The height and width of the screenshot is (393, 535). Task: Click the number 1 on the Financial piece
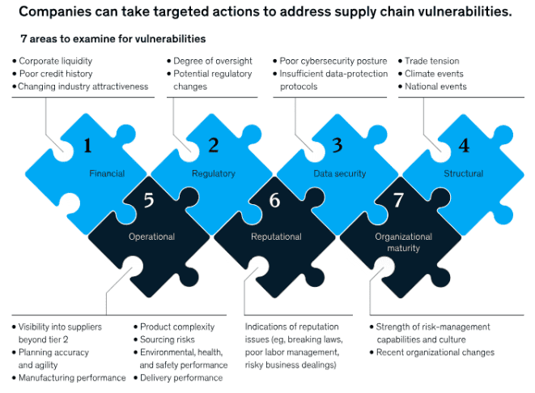88,146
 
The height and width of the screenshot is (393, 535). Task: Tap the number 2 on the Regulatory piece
214,146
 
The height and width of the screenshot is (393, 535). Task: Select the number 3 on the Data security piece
338,146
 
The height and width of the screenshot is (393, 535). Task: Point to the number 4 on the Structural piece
463,146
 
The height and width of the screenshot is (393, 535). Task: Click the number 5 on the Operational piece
149,200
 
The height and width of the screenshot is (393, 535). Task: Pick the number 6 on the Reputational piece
274,200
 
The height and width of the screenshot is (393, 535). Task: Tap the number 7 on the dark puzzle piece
398,200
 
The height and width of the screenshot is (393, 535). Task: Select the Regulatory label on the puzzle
214,173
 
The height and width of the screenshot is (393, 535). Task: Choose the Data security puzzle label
340,173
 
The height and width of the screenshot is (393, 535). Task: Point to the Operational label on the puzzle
151,237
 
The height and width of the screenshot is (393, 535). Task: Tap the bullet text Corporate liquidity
55,61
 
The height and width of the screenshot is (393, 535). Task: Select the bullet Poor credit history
53,74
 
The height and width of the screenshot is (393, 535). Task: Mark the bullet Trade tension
432,61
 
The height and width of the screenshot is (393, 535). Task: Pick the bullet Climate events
435,74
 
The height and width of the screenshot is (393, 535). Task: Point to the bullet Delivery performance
180,378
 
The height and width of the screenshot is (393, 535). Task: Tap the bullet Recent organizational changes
435,352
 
